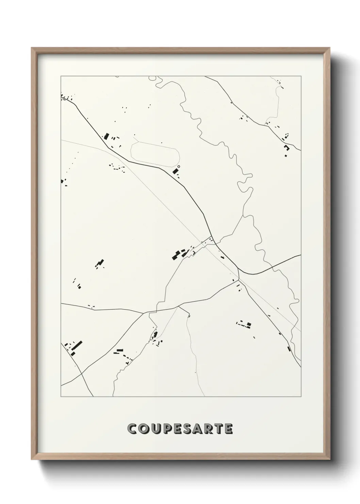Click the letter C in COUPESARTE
[x=132, y=429]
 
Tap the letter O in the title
[x=143, y=429]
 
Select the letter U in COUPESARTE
[x=154, y=429]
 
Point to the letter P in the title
[x=166, y=429]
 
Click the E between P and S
[x=176, y=429]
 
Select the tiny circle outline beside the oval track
[x=179, y=167]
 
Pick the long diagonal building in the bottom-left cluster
[x=77, y=346]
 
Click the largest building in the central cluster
[x=177, y=254]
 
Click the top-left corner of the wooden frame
[x=32, y=48]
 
